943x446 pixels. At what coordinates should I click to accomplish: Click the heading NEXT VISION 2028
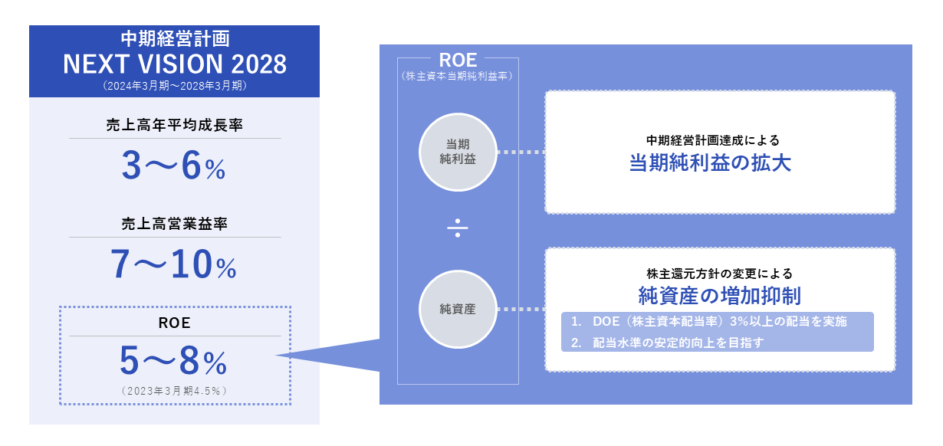(x=175, y=64)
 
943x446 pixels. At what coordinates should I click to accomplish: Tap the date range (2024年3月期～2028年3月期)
(x=175, y=87)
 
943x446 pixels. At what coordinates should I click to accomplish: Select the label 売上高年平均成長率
(x=175, y=125)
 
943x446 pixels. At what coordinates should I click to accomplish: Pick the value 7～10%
(x=173, y=265)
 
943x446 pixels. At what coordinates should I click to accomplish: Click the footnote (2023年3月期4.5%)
(x=174, y=390)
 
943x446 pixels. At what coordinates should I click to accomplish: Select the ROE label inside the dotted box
(x=174, y=323)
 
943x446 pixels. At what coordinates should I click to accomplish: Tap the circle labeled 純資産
(x=458, y=310)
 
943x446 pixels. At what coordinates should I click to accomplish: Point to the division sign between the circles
(x=458, y=229)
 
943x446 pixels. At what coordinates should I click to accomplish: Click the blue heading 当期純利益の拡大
(x=720, y=164)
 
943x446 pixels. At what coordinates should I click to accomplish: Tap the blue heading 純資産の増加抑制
(x=720, y=295)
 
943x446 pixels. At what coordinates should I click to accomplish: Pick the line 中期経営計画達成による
(x=718, y=141)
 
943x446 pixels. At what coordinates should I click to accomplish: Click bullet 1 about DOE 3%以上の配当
(x=709, y=322)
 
